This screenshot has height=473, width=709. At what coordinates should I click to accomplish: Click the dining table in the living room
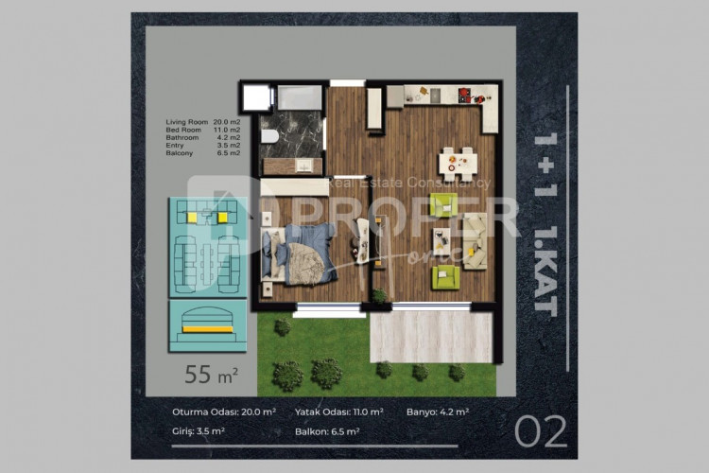tap(458, 163)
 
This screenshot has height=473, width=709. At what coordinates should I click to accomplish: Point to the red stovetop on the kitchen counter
tap(465, 94)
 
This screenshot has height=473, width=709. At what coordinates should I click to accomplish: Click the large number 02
tap(542, 431)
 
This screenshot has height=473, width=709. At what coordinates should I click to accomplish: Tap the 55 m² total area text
tap(211, 374)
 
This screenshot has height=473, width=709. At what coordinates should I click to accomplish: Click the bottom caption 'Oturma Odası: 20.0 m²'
tap(224, 412)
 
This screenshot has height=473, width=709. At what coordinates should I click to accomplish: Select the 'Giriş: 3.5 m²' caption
tap(198, 431)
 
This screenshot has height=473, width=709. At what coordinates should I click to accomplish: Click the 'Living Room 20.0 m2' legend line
tap(202, 122)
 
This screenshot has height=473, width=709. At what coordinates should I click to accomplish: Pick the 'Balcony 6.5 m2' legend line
tap(202, 152)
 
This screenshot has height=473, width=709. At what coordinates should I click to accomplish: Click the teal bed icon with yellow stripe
tap(207, 324)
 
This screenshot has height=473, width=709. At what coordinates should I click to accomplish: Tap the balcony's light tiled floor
tap(431, 337)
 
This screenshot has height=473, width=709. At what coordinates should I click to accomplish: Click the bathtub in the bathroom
tap(301, 97)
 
